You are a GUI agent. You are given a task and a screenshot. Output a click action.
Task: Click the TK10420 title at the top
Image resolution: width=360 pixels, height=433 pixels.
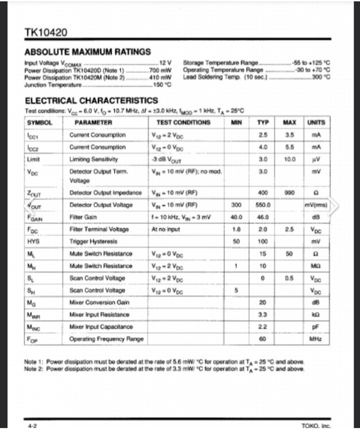pos(45,33)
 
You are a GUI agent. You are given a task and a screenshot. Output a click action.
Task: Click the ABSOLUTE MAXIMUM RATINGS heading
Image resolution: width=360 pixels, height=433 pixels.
pos(87,51)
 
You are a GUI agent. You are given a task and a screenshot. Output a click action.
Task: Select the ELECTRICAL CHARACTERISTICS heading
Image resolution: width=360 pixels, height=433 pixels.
pos(91,100)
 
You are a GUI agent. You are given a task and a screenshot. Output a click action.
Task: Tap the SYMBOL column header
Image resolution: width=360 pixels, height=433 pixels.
pos(40,122)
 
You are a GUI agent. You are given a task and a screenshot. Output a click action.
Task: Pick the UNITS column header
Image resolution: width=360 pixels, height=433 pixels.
pos(315,122)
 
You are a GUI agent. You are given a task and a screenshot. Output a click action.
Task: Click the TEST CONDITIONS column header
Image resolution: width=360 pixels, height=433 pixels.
pos(183,122)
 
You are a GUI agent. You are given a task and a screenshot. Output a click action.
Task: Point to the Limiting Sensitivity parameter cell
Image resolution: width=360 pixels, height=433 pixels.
pos(93,159)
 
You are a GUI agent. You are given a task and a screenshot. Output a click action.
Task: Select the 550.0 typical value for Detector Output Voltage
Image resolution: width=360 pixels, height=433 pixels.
pos(263,204)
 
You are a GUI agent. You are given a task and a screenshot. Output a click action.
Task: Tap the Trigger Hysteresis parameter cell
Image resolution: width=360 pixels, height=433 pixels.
pos(93,241)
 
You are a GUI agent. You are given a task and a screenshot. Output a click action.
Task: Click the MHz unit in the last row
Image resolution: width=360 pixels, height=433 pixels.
pos(315,339)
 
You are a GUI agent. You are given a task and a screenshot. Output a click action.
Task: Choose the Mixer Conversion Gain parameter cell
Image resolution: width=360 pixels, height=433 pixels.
pos(98,302)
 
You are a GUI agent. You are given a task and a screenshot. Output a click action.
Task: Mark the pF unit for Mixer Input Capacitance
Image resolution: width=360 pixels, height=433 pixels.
pos(315,327)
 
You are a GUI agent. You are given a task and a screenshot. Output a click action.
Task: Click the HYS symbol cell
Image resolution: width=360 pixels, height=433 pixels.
pos(33,241)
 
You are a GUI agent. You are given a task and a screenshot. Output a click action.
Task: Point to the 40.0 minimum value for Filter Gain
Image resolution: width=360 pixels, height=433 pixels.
pos(236,217)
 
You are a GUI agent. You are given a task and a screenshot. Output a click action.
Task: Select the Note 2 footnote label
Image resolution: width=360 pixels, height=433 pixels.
pos(34,368)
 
